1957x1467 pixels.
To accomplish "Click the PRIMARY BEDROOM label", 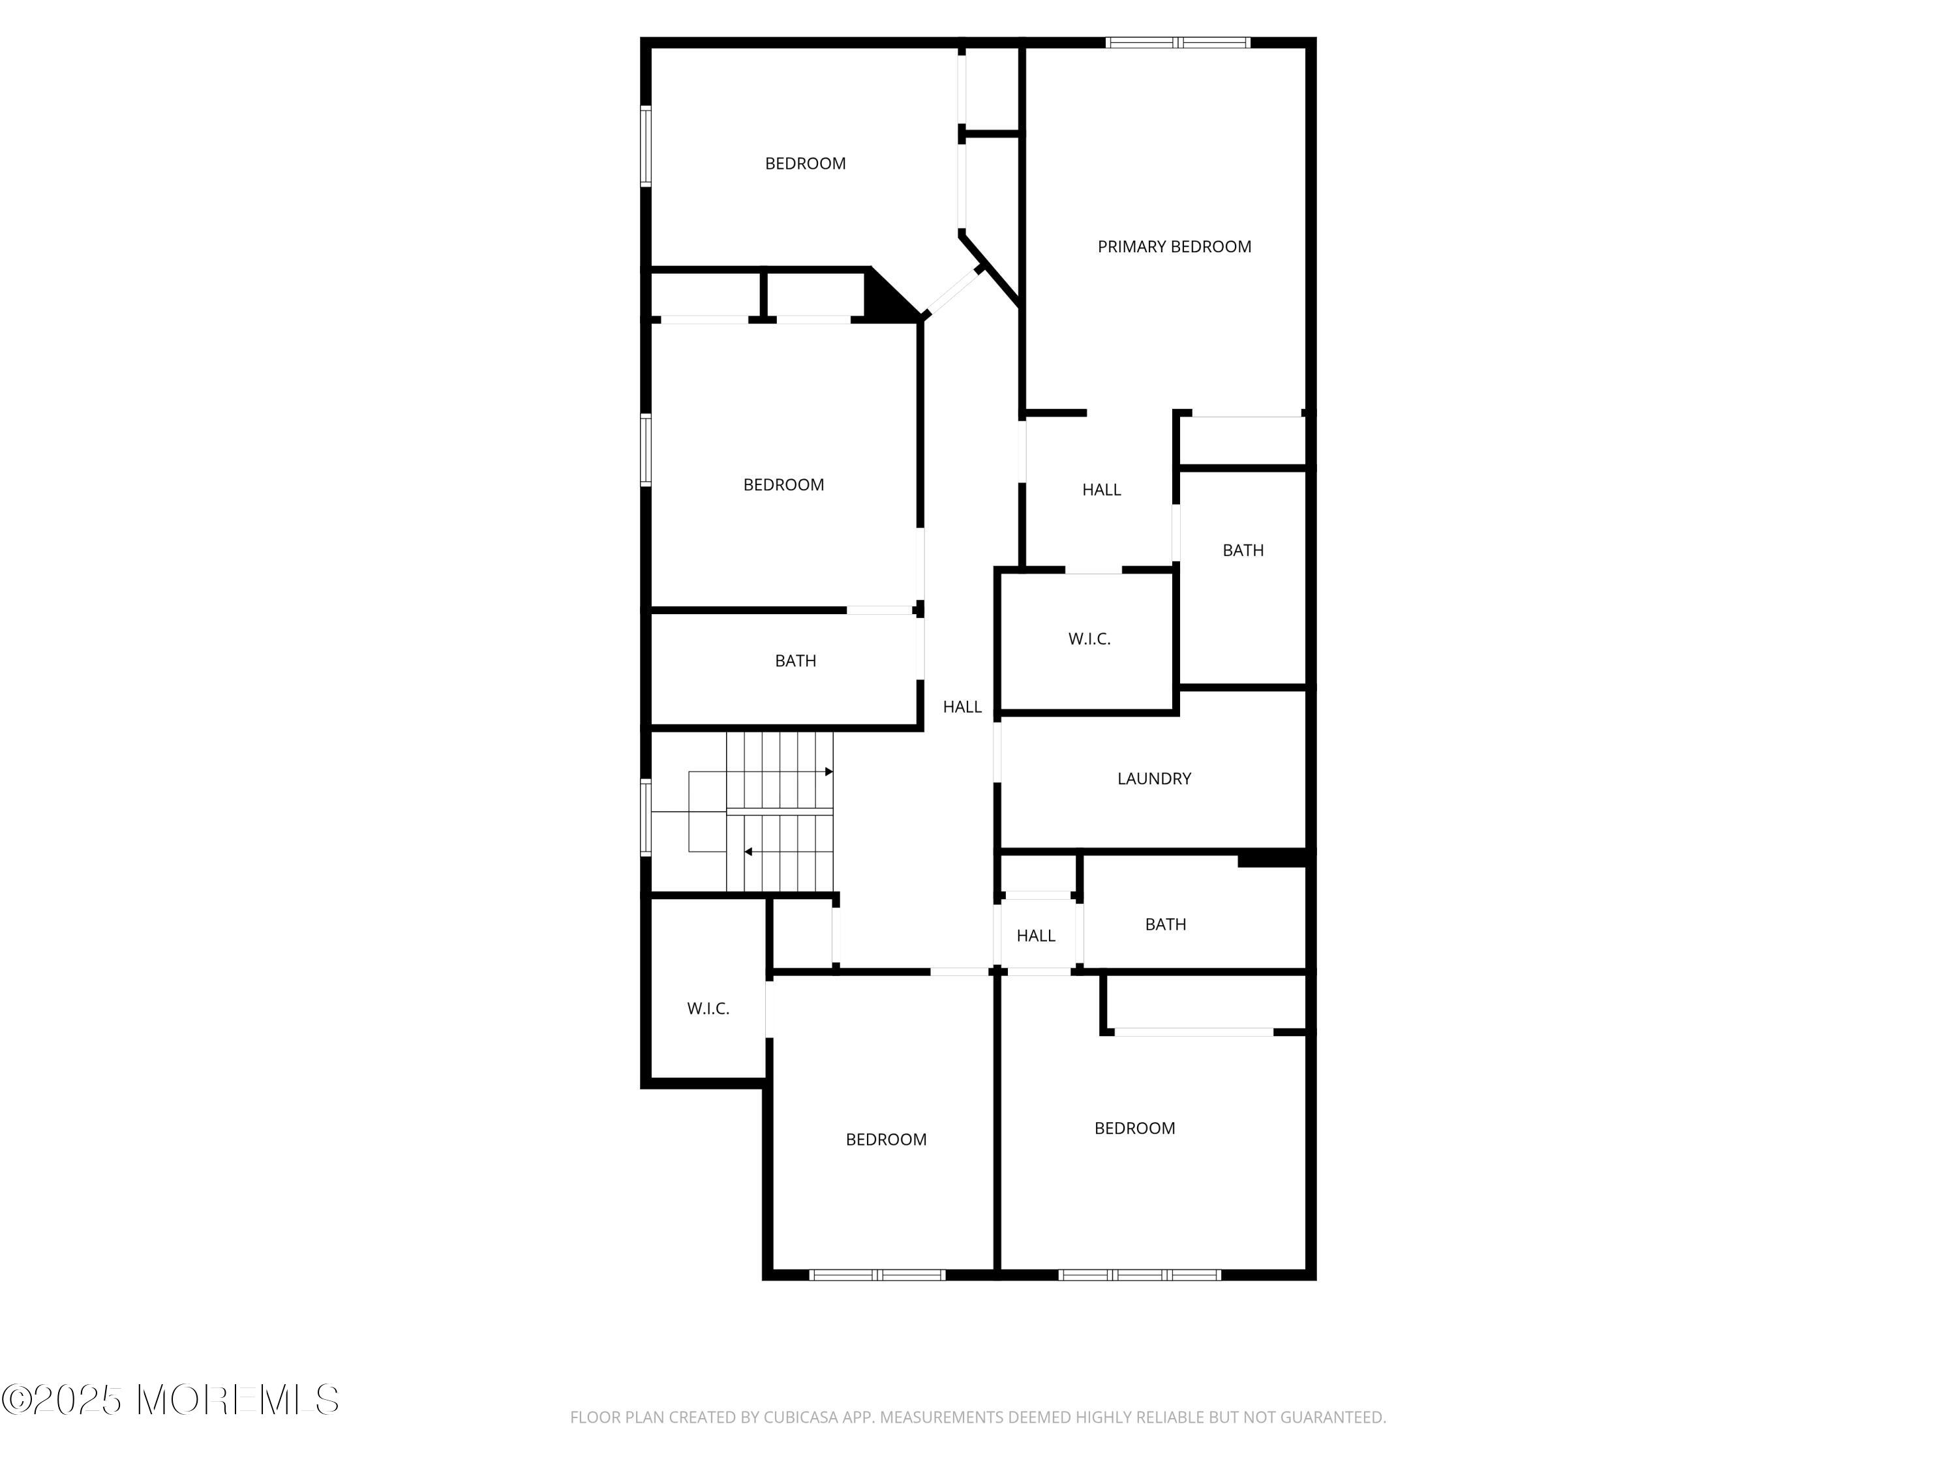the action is [1174, 246].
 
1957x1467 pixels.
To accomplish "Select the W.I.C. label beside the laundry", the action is [1089, 638].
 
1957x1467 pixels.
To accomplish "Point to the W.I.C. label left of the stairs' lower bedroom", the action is [708, 1008].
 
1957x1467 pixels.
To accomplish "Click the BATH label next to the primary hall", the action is [1243, 550].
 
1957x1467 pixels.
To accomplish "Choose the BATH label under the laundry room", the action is [1165, 924].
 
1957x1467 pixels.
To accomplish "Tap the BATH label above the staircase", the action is [795, 660].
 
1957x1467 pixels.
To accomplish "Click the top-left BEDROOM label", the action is [805, 164].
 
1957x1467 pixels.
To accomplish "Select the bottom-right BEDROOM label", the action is [1134, 1129].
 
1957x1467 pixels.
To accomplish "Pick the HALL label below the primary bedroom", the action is [1102, 490].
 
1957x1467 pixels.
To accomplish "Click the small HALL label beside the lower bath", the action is [1036, 936].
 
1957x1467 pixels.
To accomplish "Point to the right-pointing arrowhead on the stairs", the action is [829, 772].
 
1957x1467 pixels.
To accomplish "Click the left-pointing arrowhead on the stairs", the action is [748, 852].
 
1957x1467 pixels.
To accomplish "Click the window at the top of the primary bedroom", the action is [1177, 42].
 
